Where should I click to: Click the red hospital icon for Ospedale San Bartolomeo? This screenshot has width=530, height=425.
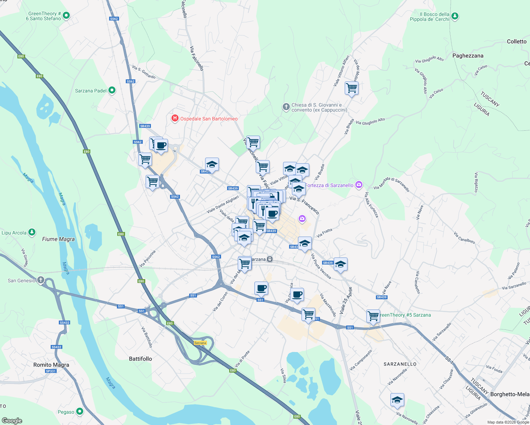point(175,118)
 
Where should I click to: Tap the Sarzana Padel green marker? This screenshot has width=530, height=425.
point(112,90)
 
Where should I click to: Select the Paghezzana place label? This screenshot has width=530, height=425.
point(468,56)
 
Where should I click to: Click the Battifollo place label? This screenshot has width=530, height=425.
point(140,359)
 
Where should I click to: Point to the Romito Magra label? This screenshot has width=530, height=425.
point(51,365)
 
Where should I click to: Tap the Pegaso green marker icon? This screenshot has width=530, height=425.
point(80,412)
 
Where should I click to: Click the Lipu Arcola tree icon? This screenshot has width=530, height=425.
point(32,232)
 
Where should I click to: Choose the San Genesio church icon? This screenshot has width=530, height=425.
point(41,280)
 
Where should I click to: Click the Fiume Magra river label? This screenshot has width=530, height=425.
point(58,239)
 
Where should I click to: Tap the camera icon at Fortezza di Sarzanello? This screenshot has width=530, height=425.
point(359,185)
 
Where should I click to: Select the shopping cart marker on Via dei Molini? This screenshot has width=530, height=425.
point(351,88)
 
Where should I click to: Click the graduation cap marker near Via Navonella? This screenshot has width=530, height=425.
point(397,400)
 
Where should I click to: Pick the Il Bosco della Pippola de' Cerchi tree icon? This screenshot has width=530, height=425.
point(455,16)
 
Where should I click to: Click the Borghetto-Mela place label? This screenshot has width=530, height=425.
point(509,394)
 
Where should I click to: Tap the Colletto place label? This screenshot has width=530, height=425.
point(517,41)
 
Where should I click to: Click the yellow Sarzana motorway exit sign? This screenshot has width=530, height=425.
point(200,343)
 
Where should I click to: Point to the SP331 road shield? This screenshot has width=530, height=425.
point(51,371)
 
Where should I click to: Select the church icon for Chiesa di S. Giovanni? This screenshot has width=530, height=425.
point(286,107)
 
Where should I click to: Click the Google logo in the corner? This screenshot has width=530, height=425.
point(12,421)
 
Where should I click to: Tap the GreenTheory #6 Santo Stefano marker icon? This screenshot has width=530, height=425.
point(66,16)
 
